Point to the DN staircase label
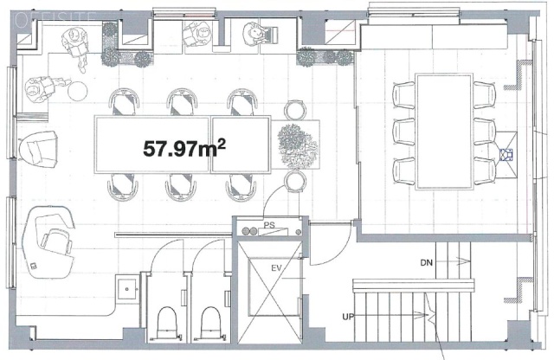pyautogui.click(x=426, y=261)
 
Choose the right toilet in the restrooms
pyautogui.click(x=210, y=323)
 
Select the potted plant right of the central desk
pyautogui.click(x=298, y=143)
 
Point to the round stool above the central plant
pyautogui.click(x=295, y=109)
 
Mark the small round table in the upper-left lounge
pyautogui.click(x=76, y=89)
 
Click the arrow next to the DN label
pyautogui.click(x=455, y=261)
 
